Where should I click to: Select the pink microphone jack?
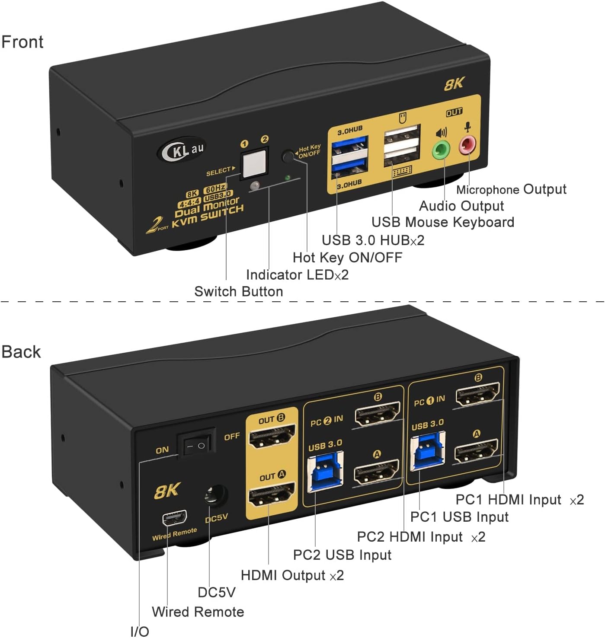[467, 145]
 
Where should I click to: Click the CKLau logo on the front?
[182, 150]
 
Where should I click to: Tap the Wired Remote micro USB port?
[174, 517]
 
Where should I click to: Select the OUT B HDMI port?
[272, 436]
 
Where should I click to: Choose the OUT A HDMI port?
[272, 494]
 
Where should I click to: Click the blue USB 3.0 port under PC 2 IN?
[325, 472]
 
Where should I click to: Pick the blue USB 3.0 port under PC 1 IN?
[427, 452]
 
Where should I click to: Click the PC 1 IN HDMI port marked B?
[478, 395]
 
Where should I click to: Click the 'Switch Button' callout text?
[238, 291]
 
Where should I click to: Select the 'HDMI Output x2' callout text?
[292, 575]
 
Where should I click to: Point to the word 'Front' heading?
[22, 42]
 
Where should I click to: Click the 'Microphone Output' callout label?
[511, 189]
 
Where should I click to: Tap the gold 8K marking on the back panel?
[167, 491]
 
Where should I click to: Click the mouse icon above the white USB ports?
[403, 118]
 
